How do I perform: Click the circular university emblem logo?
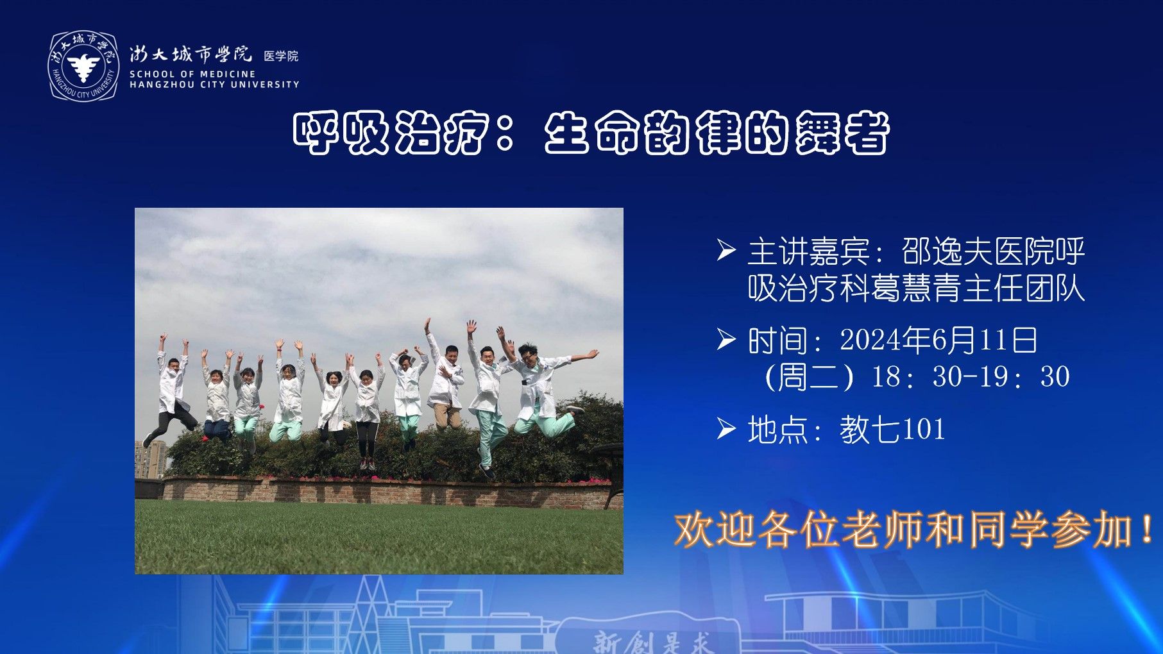pyautogui.click(x=83, y=66)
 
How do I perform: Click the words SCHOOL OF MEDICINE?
pyautogui.click(x=192, y=74)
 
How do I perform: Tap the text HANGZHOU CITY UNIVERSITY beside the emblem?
pyautogui.click(x=214, y=84)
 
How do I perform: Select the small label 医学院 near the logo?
pyautogui.click(x=281, y=56)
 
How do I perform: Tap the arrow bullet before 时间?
pyautogui.click(x=726, y=339)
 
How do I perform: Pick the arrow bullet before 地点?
pyautogui.click(x=726, y=428)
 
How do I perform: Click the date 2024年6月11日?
pyautogui.click(x=938, y=340)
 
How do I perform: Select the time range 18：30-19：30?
pyautogui.click(x=970, y=377)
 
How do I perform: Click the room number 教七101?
pyautogui.click(x=892, y=429)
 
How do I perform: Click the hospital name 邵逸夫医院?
pyautogui.click(x=978, y=251)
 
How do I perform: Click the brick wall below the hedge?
pyautogui.click(x=385, y=492)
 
